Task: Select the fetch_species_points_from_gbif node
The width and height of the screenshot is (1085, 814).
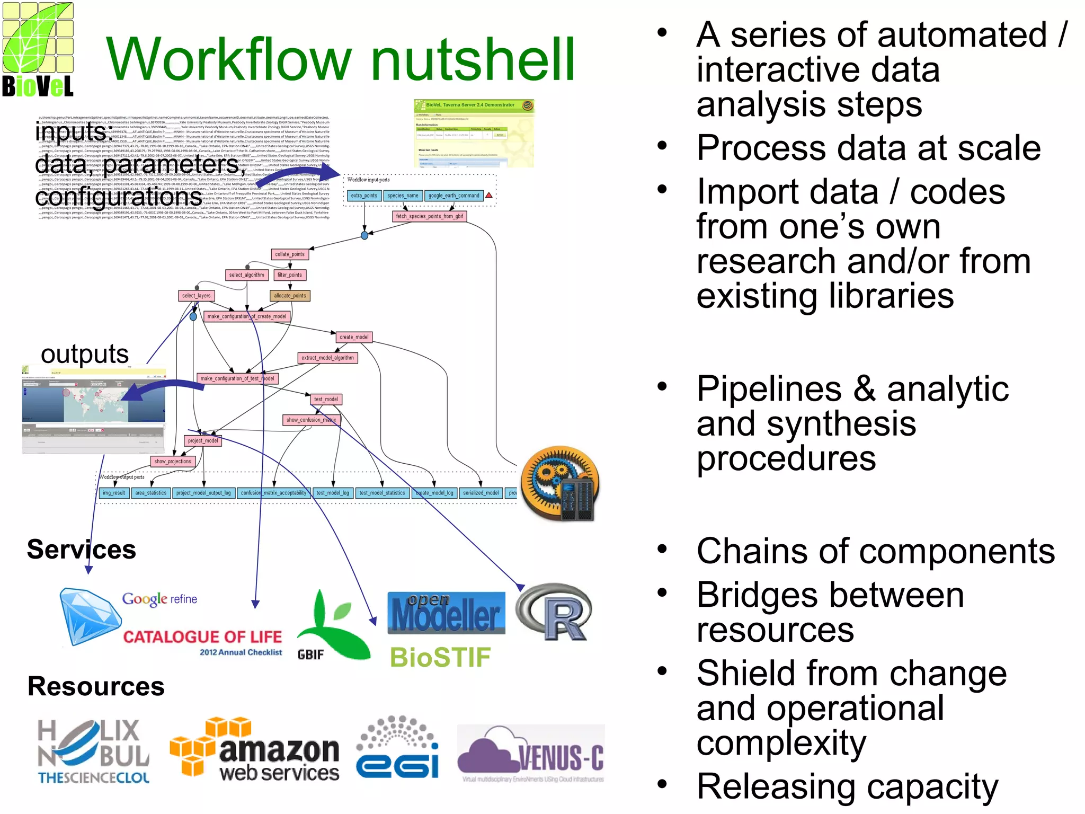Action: coord(429,216)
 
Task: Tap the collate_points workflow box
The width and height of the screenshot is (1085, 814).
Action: coord(290,254)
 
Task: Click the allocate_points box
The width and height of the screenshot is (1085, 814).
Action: coord(290,296)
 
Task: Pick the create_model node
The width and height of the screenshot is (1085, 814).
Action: coord(354,337)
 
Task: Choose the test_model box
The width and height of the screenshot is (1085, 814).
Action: coord(326,399)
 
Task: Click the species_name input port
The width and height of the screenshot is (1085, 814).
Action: coord(403,196)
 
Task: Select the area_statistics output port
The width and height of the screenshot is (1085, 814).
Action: coord(150,493)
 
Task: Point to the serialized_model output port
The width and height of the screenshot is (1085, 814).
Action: coord(481,493)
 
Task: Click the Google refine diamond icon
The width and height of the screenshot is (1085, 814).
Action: coord(89,616)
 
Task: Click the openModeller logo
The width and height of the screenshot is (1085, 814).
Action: coord(446,614)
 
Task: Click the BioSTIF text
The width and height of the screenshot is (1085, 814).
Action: coord(440,658)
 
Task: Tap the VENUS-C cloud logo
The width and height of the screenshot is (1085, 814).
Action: coord(530,753)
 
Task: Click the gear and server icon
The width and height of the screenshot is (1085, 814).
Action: coord(560,482)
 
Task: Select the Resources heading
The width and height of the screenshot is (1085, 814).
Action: coord(96,686)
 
